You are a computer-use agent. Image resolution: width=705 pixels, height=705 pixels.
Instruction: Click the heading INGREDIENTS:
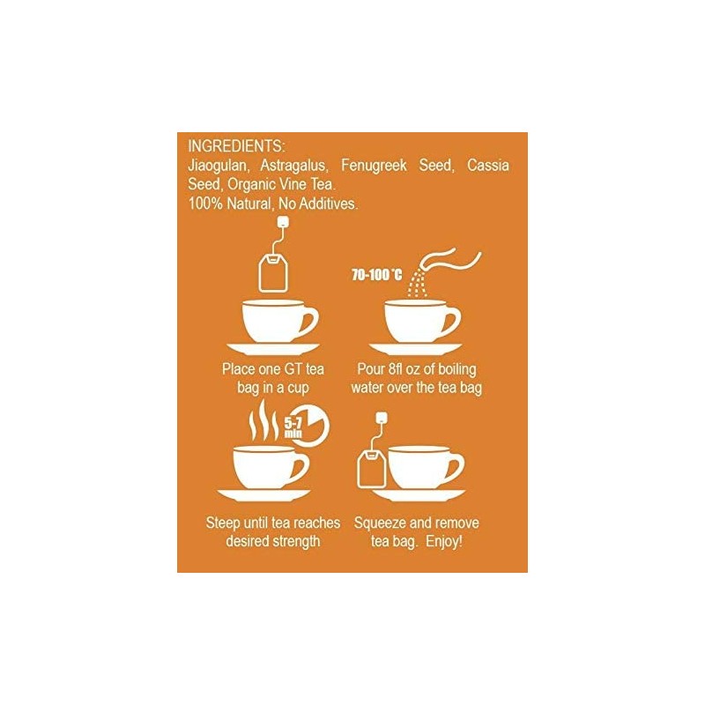pos(236,146)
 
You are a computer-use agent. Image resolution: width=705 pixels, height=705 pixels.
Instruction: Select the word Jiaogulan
pos(217,166)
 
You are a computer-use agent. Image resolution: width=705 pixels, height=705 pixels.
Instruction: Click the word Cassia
pos(487,166)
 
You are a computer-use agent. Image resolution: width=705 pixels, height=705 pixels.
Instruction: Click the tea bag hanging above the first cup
pos(274,270)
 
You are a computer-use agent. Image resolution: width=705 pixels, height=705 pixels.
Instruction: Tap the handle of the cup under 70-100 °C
pos(449,319)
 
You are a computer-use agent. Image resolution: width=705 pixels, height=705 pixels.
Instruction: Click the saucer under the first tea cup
pos(274,348)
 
